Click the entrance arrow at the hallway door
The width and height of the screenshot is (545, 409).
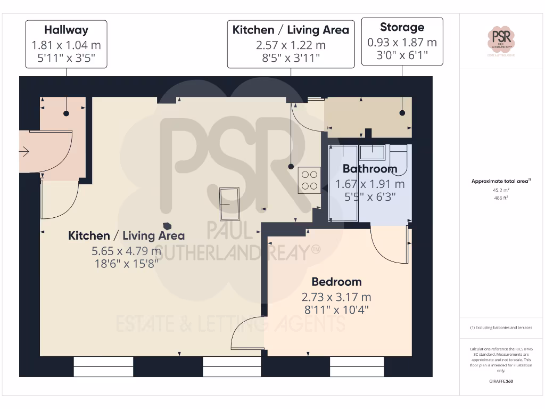pos(24,152)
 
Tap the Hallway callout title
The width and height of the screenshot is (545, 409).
pos(66,30)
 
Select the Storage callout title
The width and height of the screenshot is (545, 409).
pos(402,27)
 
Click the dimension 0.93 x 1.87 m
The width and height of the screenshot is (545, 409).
pos(402,42)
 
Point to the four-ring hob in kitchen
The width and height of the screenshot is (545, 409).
pos(309,180)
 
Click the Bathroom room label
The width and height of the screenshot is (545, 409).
pos(369,169)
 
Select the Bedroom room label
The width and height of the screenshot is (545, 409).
pos(336,282)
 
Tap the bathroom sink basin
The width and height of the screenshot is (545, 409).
pos(373,152)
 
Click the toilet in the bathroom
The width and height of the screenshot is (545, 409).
pos(399,159)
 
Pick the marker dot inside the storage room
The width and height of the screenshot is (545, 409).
pos(402,113)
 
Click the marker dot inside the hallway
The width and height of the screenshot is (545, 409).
pos(67,113)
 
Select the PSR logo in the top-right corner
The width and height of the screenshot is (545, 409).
pos(501,39)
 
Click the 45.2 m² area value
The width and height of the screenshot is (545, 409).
pos(501,190)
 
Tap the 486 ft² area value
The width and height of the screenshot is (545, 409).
pos(501,198)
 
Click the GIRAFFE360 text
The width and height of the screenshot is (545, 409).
pos(501,381)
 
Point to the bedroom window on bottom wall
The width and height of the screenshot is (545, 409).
pos(357,366)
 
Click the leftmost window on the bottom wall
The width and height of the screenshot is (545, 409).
pos(103,366)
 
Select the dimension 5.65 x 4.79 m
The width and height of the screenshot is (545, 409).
pos(126,250)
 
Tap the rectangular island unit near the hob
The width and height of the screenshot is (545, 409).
pos(230,203)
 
